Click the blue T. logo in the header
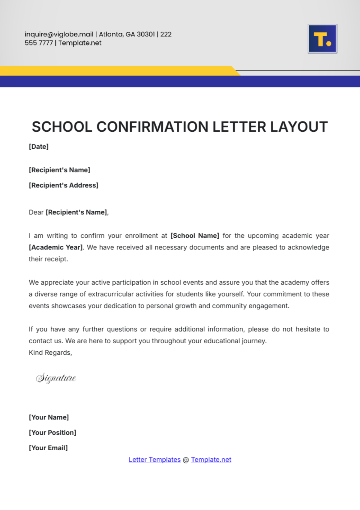(322, 39)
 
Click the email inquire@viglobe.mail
(59, 34)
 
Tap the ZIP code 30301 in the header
(146, 34)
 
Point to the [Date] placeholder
(39, 147)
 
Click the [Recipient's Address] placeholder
(64, 185)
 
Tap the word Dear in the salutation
(36, 212)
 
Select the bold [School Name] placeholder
(195, 236)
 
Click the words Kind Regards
(50, 353)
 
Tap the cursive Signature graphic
(56, 378)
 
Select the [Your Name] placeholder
(49, 417)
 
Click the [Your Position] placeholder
(52, 433)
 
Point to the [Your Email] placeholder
(48, 448)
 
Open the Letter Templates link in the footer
(154, 460)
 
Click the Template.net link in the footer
(211, 460)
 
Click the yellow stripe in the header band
(114, 71)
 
